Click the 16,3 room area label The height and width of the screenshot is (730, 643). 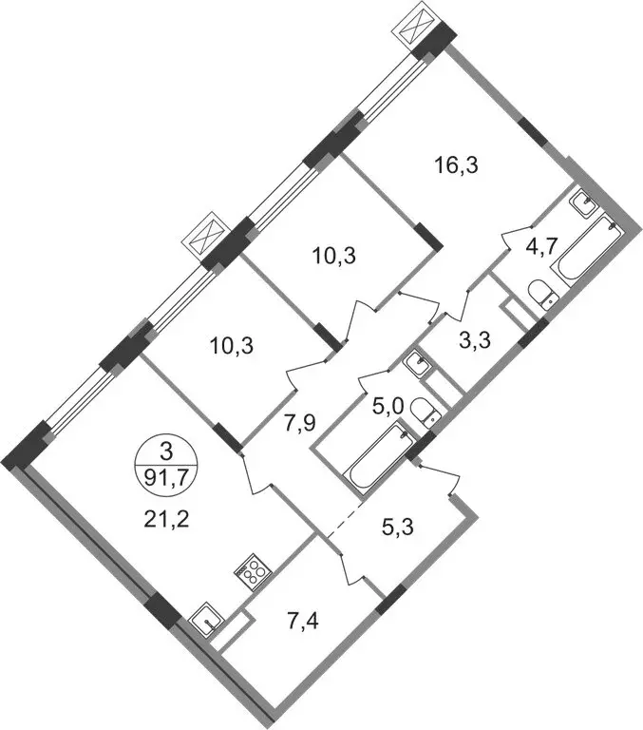[456, 165]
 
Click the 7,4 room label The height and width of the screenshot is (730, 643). [302, 622]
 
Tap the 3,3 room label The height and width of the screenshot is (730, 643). [475, 341]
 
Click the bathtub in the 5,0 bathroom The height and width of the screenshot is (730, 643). [378, 455]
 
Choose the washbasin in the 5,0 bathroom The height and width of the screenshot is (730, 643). [417, 362]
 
